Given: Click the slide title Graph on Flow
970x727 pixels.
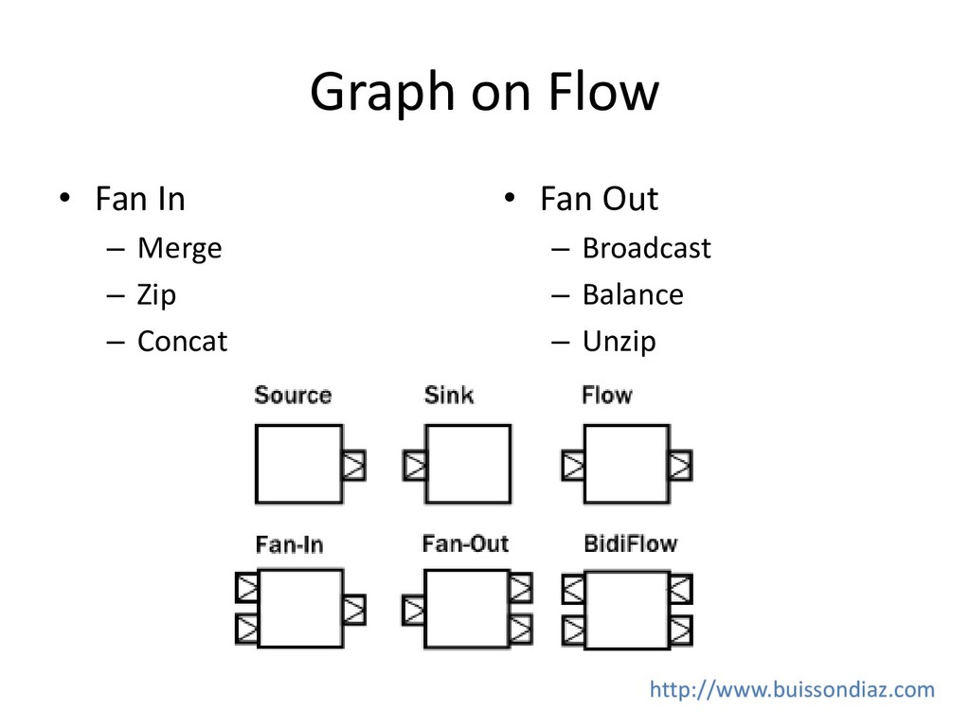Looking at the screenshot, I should pyautogui.click(x=483, y=93).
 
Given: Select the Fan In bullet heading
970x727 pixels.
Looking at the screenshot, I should pyautogui.click(x=139, y=200).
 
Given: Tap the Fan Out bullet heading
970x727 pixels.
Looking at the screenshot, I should pyautogui.click(x=599, y=200).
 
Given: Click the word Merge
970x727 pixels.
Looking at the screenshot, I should pyautogui.click(x=179, y=249).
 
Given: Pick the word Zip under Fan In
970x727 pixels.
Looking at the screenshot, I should pyautogui.click(x=156, y=295).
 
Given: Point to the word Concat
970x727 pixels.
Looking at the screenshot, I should pyautogui.click(x=182, y=342).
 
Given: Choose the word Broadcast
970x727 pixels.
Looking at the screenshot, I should pyautogui.click(x=646, y=249).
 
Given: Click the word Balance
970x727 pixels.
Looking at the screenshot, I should pyautogui.click(x=632, y=295).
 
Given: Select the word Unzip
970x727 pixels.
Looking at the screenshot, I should pyautogui.click(x=619, y=342).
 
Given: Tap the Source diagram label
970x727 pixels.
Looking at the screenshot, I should pyautogui.click(x=293, y=396).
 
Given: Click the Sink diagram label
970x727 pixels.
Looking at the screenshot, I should pyautogui.click(x=449, y=395).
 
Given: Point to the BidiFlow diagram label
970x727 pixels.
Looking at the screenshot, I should pyautogui.click(x=631, y=544).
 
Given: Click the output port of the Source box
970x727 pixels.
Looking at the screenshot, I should pyautogui.click(x=353, y=465).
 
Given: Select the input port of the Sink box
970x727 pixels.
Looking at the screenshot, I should pyautogui.click(x=415, y=465).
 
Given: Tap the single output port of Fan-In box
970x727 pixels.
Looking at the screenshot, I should pyautogui.click(x=354, y=609).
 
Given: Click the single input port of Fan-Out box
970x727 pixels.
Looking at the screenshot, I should pyautogui.click(x=414, y=609).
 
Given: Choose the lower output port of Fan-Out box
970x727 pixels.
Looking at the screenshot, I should pyautogui.click(x=520, y=628).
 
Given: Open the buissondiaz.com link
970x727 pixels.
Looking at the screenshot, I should pyautogui.click(x=792, y=690).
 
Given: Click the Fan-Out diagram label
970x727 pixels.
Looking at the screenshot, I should pyautogui.click(x=465, y=544).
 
